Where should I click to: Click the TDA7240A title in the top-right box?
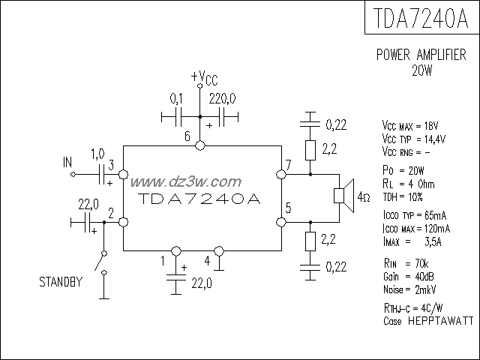pos(421,16)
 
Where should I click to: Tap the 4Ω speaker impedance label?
pos(364,197)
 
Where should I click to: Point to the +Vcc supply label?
pos(204,77)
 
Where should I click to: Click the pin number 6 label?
pos(187,136)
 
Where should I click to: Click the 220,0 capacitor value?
pos(223,98)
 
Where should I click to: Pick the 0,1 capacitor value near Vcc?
pos(177,98)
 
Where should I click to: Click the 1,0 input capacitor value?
pos(97,154)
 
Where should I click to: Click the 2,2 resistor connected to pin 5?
pos(308,241)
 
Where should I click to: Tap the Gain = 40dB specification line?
pos(405,277)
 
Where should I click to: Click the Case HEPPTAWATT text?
pos(427,319)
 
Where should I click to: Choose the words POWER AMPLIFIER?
pos(421,56)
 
